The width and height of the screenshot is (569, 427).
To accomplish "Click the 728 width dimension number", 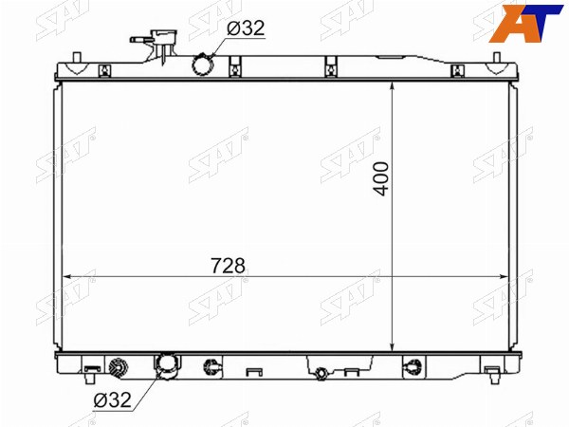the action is coord(228,266).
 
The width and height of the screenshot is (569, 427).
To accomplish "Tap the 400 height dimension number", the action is coord(381,179).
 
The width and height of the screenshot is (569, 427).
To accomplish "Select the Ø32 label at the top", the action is coord(246,28).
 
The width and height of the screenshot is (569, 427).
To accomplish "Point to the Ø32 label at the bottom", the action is coord(112,399).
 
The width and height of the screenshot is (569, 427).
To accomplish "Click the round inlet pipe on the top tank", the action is coord(203,65).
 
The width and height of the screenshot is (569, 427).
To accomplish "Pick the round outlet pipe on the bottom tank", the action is coord(168,366).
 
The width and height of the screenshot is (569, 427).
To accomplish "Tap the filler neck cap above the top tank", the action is coord(165,37).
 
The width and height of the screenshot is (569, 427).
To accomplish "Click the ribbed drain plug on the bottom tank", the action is coord(119,368).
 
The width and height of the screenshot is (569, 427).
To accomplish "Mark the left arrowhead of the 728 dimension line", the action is coord(67,277).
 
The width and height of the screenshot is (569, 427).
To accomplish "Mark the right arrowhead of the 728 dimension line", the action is coord(504,277).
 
